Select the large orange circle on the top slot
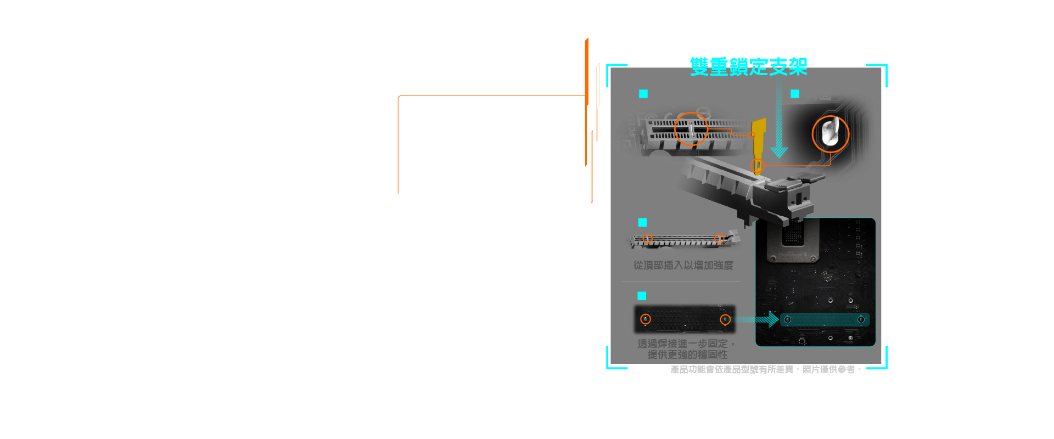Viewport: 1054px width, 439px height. point(691,129)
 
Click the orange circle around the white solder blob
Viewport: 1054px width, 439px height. point(830,134)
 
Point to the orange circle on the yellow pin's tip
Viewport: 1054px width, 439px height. point(758,165)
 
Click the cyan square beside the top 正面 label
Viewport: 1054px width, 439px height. point(643,94)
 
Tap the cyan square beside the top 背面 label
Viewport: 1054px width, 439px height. point(795,94)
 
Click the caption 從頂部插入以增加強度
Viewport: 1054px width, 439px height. point(683,266)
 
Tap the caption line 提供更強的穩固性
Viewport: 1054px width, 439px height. point(687,354)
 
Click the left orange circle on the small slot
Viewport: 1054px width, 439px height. point(648,239)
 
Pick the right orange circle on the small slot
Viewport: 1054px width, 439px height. point(719,239)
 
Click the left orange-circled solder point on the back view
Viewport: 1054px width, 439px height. point(646,319)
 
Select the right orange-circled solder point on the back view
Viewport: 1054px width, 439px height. point(725,319)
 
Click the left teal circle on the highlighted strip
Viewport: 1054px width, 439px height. point(787,319)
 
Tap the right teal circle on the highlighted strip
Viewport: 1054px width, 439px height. point(860,319)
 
